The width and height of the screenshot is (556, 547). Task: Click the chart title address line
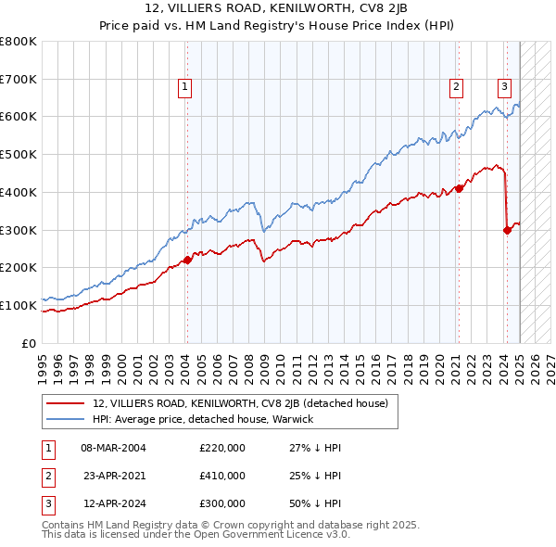pyautogui.click(x=277, y=8)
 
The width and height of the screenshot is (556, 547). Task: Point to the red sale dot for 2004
pyautogui.click(x=186, y=260)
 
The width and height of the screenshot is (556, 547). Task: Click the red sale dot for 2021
pyautogui.click(x=459, y=188)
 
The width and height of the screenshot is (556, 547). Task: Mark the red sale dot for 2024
pyautogui.click(x=507, y=230)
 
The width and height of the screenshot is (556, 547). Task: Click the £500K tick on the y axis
pyautogui.click(x=19, y=154)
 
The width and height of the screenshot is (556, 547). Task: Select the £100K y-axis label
pyautogui.click(x=19, y=305)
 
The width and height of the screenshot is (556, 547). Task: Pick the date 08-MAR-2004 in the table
pyautogui.click(x=113, y=448)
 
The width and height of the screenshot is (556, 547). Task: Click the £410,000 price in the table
pyautogui.click(x=222, y=476)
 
